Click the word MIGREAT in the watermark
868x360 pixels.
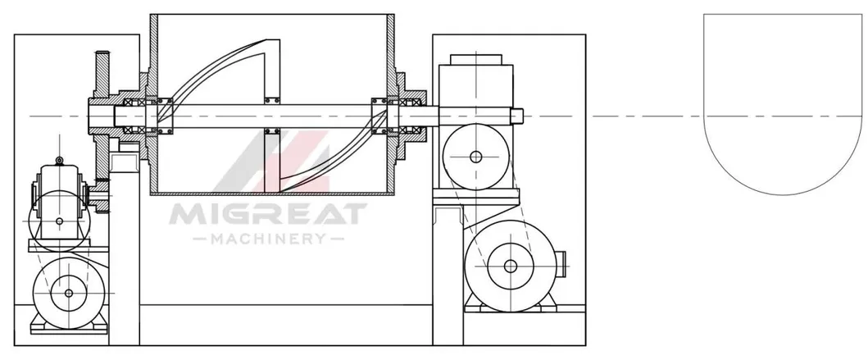point(268,214)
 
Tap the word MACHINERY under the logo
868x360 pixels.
point(269,239)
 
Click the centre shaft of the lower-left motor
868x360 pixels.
point(69,293)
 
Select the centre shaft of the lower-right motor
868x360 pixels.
point(511,267)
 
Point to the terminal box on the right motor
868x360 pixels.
point(560,266)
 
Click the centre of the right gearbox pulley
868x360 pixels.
point(475,157)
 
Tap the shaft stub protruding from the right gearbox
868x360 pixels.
point(516,116)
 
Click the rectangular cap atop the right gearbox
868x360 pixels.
point(476,60)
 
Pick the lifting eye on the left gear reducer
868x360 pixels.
point(59,162)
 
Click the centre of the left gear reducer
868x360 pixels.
point(59,221)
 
